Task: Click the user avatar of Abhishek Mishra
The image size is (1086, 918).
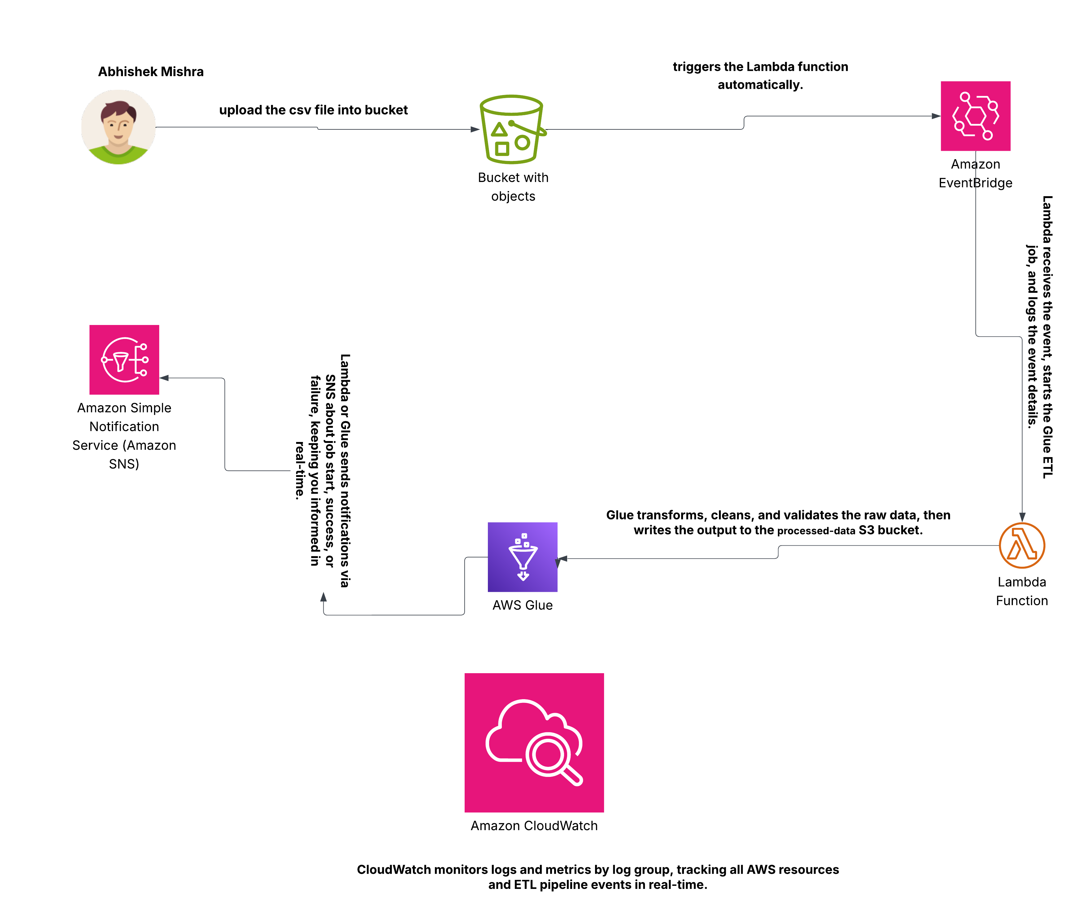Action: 118,127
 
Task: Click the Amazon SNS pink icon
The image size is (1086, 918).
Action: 124,360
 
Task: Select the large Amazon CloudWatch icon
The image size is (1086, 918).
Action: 534,742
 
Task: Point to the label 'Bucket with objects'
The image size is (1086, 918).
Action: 513,187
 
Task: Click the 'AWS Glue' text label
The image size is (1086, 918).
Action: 523,605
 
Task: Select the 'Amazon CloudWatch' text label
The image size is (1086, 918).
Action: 534,825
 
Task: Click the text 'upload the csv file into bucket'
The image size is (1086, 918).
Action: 313,110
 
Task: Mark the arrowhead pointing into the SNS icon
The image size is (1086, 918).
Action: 164,378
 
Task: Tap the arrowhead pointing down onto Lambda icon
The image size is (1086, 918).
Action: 1022,517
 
